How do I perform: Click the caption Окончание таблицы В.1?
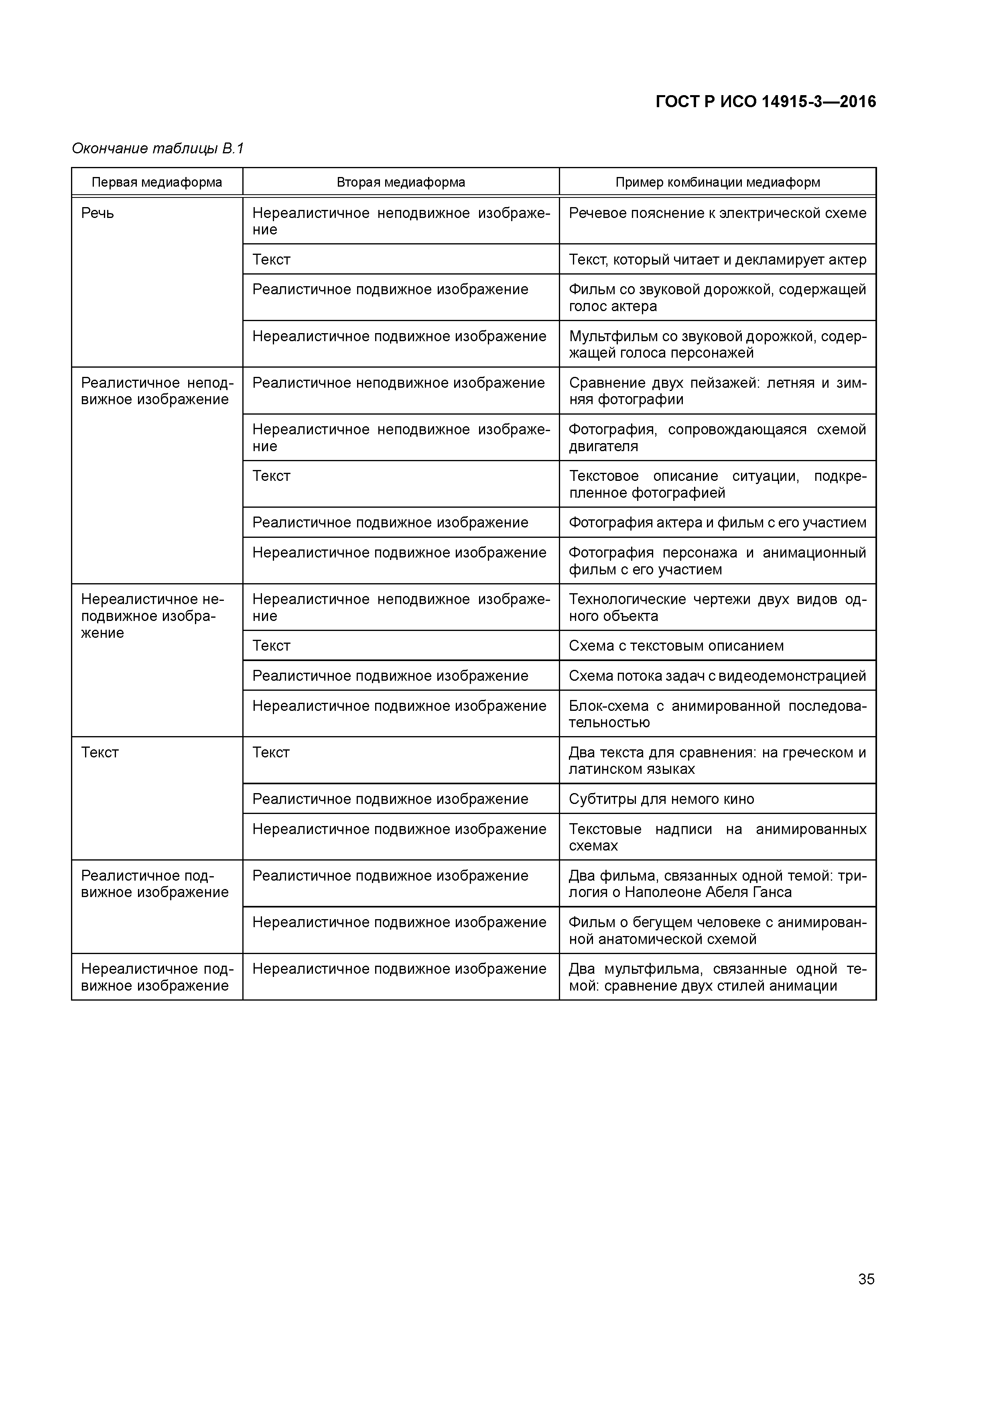(x=158, y=149)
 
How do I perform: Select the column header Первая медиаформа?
(x=157, y=182)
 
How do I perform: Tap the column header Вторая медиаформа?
(x=400, y=182)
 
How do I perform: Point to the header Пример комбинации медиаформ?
(x=717, y=182)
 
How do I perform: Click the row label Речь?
(x=97, y=214)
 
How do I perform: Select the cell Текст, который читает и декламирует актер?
(x=717, y=259)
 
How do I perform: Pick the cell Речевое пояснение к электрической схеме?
(x=717, y=214)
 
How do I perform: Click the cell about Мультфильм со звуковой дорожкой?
(x=717, y=344)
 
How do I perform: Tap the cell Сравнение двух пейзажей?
(x=717, y=391)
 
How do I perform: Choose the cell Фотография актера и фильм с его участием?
(x=717, y=523)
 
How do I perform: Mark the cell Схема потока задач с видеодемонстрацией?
(x=717, y=676)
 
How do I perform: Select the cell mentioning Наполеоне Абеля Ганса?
(x=717, y=884)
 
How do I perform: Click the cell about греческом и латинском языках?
(x=717, y=761)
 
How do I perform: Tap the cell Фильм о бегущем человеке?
(x=717, y=930)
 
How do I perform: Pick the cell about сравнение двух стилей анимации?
(x=717, y=977)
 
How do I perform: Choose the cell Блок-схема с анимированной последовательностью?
(x=717, y=714)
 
